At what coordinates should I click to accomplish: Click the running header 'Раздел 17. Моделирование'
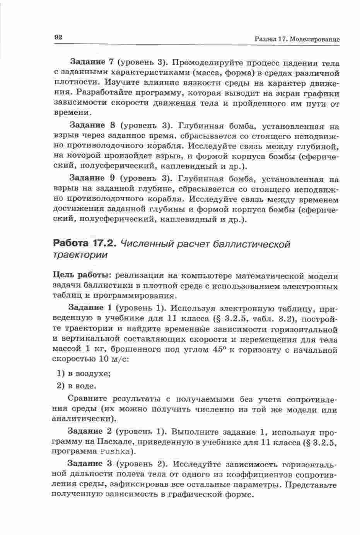[x=297, y=39]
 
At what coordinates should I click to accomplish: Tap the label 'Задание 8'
[x=92, y=125]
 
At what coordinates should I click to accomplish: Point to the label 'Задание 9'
[x=92, y=178]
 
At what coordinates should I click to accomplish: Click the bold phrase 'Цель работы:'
[x=82, y=276]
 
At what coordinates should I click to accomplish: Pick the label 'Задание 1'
[x=90, y=308]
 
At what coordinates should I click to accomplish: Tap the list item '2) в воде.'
[x=77, y=386]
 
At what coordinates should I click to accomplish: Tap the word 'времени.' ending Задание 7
[x=72, y=113]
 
